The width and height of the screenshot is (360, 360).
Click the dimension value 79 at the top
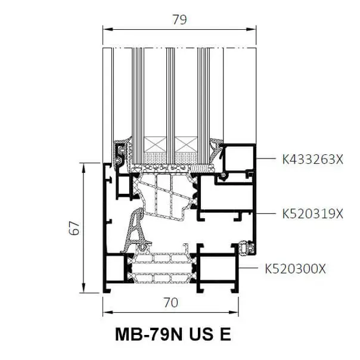pos(179,20)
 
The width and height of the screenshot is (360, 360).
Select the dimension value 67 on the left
pos(74,228)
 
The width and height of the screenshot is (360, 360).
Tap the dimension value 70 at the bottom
pos(171,303)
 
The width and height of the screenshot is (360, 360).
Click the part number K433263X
pos(312,159)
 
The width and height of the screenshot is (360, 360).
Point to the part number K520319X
pos(312,214)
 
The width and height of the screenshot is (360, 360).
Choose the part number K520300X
pos(295,268)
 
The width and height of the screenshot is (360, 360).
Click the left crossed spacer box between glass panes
pos(155,144)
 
